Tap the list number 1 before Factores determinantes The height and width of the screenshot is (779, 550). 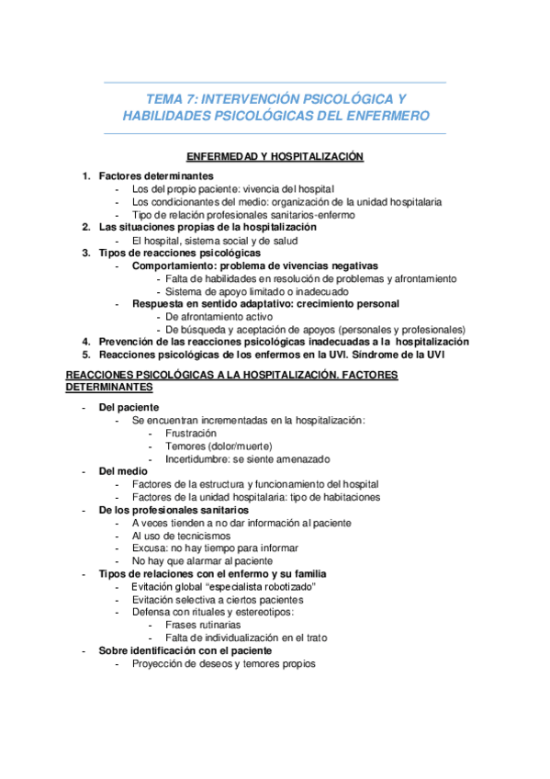[x=85, y=175]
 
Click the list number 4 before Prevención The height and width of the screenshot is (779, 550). [x=85, y=342]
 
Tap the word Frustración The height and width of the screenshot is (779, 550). [x=191, y=433]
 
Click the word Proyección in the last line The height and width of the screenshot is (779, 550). [x=159, y=663]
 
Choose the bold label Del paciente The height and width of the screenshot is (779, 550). [x=129, y=407]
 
